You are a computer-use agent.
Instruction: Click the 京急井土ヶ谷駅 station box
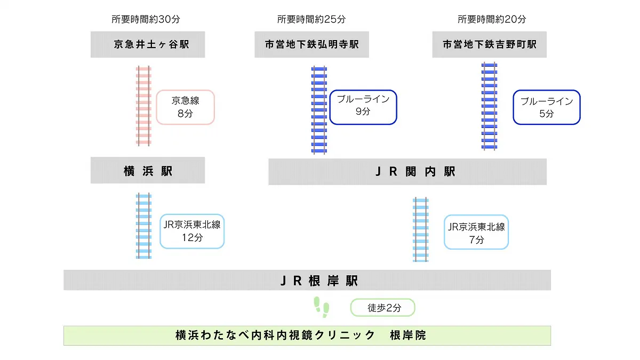point(148,44)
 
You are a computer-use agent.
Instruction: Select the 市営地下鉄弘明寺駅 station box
point(312,44)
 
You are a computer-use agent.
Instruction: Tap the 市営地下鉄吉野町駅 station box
point(490,44)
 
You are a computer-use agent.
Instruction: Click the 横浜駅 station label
point(148,171)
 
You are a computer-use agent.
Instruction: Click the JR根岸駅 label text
point(319,281)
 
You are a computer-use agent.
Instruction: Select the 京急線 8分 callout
point(185,107)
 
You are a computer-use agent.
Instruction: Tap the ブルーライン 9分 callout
point(363,106)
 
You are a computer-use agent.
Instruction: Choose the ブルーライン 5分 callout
point(547,107)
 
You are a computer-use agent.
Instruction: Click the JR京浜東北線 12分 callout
point(192,231)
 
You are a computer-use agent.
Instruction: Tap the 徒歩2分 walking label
point(382,308)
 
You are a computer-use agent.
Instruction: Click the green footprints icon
point(322,307)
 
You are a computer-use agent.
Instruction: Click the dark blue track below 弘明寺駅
point(319,110)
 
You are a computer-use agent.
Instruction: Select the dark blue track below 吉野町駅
point(489,106)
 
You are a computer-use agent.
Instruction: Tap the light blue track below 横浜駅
point(143,226)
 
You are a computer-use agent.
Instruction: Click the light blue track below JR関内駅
point(420,229)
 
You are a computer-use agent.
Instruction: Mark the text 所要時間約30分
point(146,19)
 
